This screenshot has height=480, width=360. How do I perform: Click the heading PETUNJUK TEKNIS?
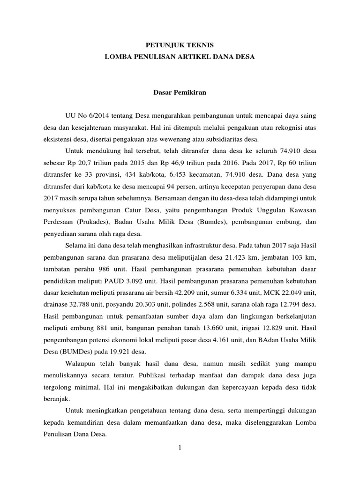180,45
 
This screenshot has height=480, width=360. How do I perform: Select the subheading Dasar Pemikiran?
180,92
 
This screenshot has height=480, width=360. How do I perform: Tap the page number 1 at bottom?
180,447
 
